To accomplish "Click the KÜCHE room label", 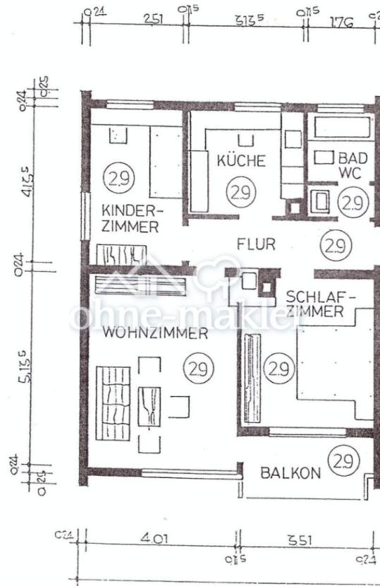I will tap(241, 161).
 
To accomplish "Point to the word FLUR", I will tap(255, 245).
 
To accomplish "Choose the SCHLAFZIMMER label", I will tap(315, 304).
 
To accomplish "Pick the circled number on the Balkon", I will tap(344, 462).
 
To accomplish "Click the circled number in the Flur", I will tap(335, 246).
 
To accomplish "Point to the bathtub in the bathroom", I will tap(342, 128).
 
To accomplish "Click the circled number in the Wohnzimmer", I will tap(199, 368).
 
